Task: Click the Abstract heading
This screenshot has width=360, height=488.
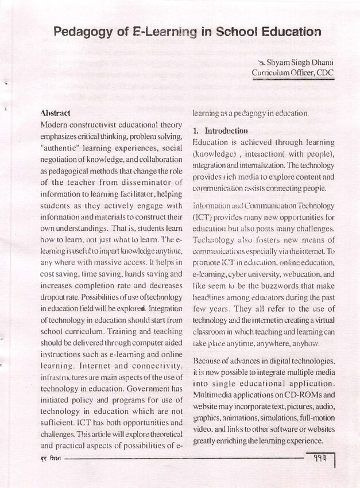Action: click(x=56, y=113)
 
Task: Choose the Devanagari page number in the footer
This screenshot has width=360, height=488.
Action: click(x=316, y=459)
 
